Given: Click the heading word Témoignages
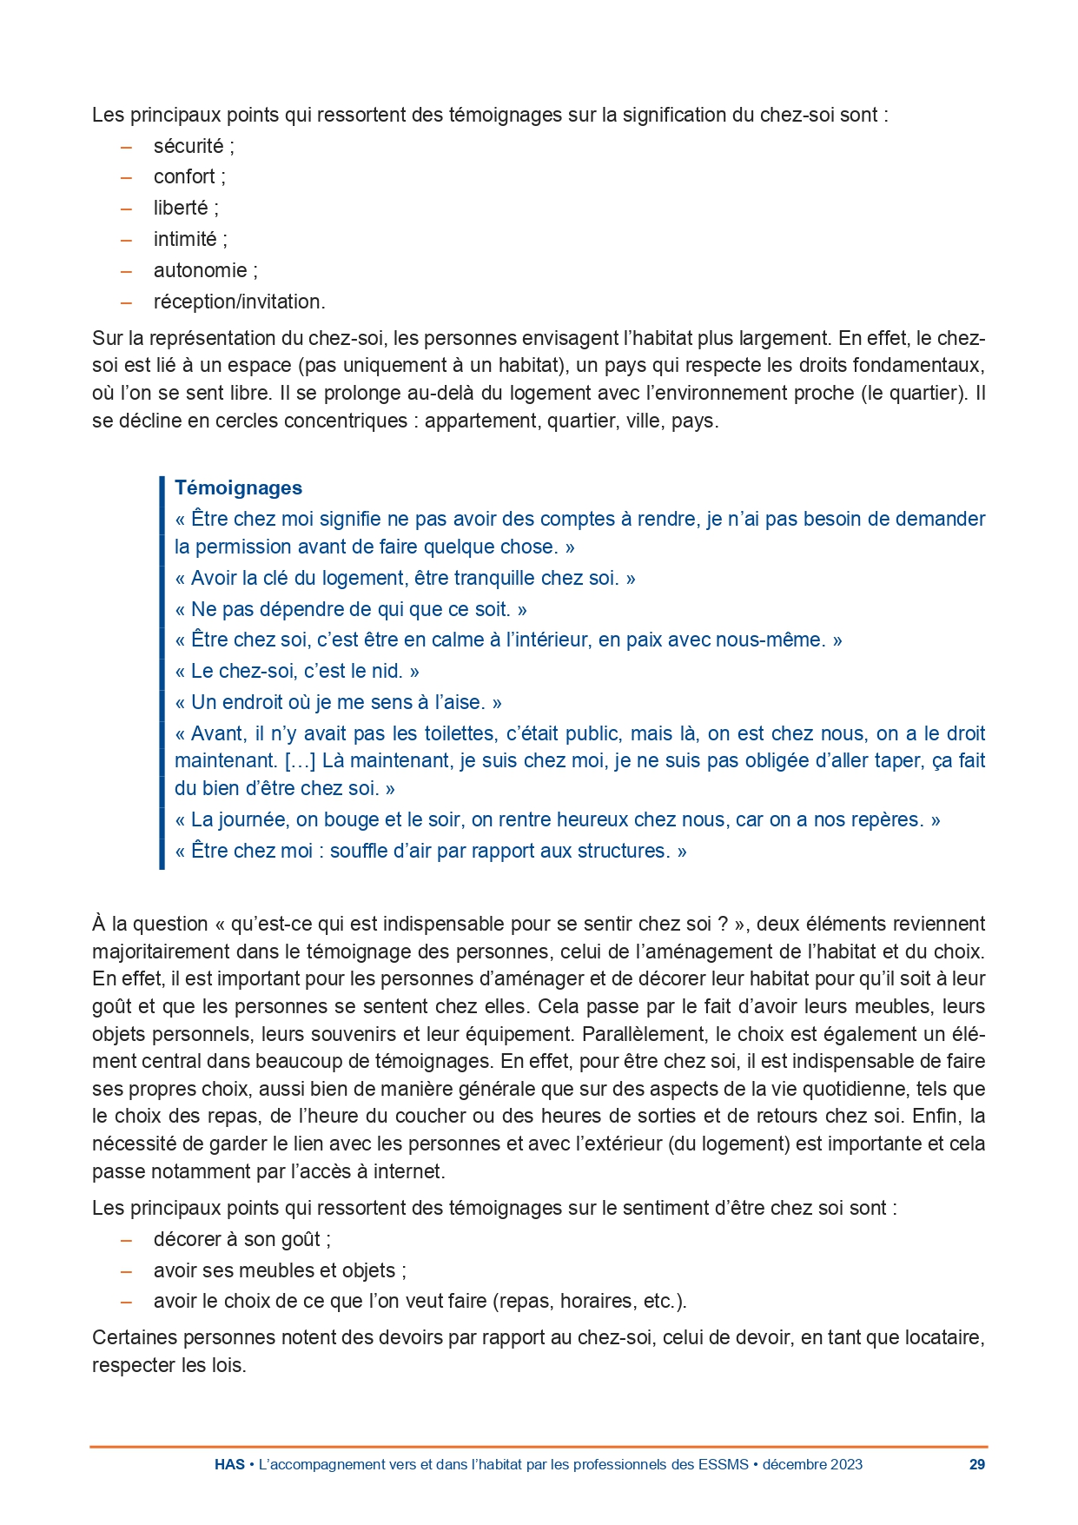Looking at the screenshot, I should click(238, 487).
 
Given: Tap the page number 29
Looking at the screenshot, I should click(976, 1464).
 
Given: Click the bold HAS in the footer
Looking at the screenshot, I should click(229, 1464).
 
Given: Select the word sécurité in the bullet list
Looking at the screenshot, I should click(188, 146).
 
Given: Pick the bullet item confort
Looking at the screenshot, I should click(184, 177).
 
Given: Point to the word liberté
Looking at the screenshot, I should click(181, 209).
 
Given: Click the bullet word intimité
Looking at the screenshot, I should click(185, 239).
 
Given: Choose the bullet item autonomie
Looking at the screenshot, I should click(200, 270).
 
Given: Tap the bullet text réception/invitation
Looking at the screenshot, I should click(239, 302).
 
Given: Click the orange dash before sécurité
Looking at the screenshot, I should click(127, 146).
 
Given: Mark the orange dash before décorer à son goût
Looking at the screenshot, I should click(127, 1239).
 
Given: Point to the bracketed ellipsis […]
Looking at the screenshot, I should click(300, 761).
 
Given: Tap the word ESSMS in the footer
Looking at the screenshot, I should click(723, 1464).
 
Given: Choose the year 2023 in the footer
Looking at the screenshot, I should click(846, 1464).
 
